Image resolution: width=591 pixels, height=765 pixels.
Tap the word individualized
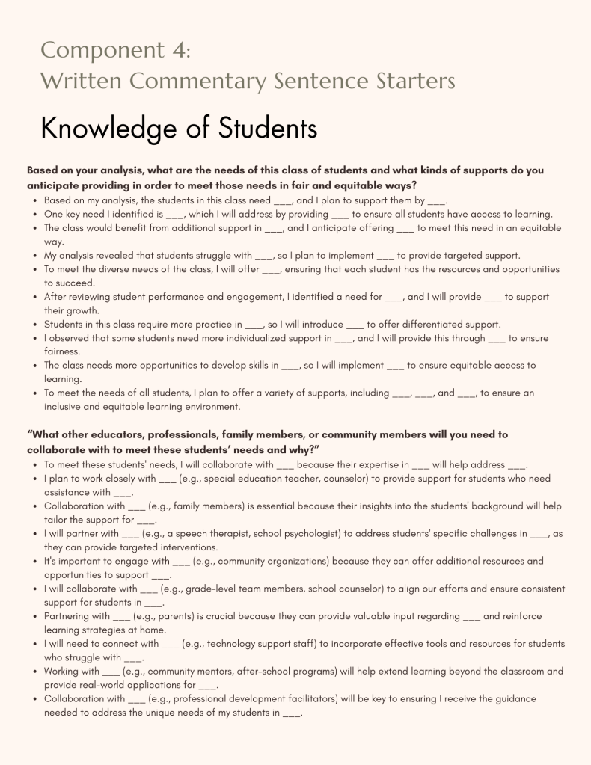261,338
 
